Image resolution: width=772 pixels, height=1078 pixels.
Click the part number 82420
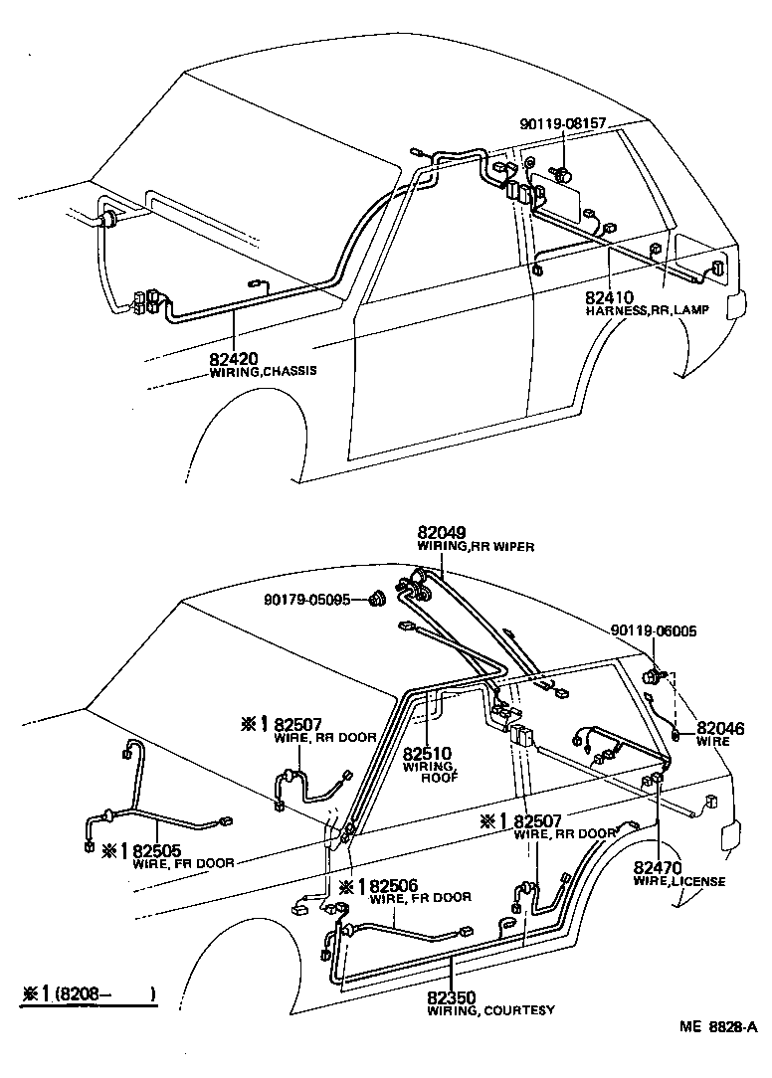click(234, 359)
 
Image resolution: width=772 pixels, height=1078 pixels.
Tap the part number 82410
click(610, 297)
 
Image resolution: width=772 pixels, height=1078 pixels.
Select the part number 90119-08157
click(562, 124)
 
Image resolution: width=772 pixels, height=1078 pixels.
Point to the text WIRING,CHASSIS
click(263, 373)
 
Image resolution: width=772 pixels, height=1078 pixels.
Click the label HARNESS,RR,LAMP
click(633, 311)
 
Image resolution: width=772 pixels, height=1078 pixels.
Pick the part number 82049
click(443, 533)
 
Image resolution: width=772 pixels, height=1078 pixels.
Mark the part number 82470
click(658, 867)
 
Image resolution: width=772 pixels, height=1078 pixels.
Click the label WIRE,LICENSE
click(679, 881)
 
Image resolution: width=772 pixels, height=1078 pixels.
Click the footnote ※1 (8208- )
click(91, 993)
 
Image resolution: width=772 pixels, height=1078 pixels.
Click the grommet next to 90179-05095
click(378, 600)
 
